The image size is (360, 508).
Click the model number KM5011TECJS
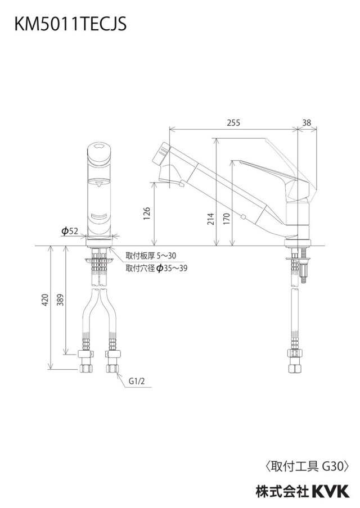(70, 24)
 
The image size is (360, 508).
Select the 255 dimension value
(233, 123)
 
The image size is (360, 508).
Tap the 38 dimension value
(307, 123)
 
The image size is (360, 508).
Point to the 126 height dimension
(147, 214)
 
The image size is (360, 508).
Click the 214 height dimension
(211, 219)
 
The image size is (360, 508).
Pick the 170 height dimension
(226, 219)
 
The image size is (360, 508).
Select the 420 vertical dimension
(45, 300)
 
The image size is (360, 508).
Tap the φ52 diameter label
(70, 231)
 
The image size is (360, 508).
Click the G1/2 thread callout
(137, 382)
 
